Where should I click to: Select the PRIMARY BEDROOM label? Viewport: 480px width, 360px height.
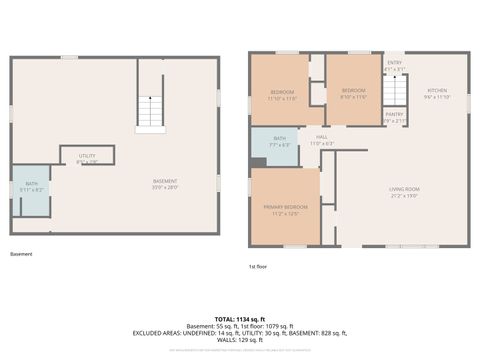tap(281, 206)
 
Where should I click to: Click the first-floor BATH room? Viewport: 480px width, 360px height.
tap(279, 142)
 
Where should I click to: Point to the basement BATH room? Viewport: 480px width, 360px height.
tap(30, 187)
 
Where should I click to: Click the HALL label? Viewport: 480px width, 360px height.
tap(322, 138)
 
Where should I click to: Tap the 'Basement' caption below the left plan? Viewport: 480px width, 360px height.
tap(21, 254)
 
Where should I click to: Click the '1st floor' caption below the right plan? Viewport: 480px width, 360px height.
tap(259, 266)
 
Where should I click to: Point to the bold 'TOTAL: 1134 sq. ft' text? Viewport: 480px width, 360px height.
tap(240, 318)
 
